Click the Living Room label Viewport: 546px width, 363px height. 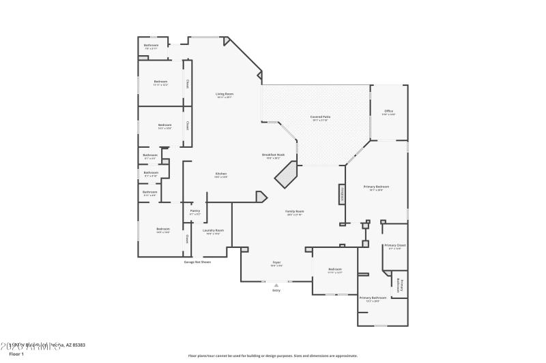pyautogui.click(x=225, y=94)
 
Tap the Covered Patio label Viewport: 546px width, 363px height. pyautogui.click(x=311, y=117)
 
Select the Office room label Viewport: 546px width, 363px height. pyautogui.click(x=388, y=111)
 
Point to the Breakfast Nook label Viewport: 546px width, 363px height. pyautogui.click(x=273, y=155)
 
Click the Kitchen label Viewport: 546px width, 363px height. pyautogui.click(x=221, y=174)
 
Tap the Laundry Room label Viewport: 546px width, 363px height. pyautogui.click(x=213, y=230)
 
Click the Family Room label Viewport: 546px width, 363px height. pyautogui.click(x=294, y=212)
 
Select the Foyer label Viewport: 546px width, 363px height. pyautogui.click(x=277, y=262)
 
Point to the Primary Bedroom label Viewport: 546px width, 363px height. pyautogui.click(x=376, y=187)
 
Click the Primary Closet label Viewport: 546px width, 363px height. pyautogui.click(x=394, y=245)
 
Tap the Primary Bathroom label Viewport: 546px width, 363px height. pyautogui.click(x=373, y=298)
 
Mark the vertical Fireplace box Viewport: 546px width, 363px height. pyautogui.click(x=341, y=195)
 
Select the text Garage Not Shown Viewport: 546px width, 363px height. pyautogui.click(x=197, y=262)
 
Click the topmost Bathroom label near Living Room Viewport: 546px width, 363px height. pyautogui.click(x=151, y=45)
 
